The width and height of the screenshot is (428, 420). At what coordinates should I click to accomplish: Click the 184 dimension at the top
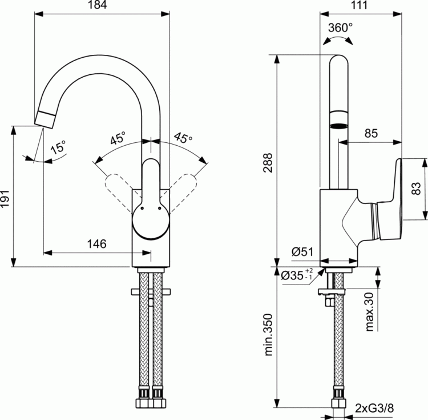[x=102, y=6]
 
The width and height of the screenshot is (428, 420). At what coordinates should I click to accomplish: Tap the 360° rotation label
[x=341, y=27]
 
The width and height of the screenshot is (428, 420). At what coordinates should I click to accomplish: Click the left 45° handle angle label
[x=118, y=138]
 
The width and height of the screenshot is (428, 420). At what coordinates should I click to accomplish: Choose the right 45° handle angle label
[x=183, y=138]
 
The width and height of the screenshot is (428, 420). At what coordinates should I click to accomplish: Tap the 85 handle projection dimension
[x=371, y=134]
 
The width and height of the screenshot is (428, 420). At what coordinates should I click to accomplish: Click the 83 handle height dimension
[x=416, y=189]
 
